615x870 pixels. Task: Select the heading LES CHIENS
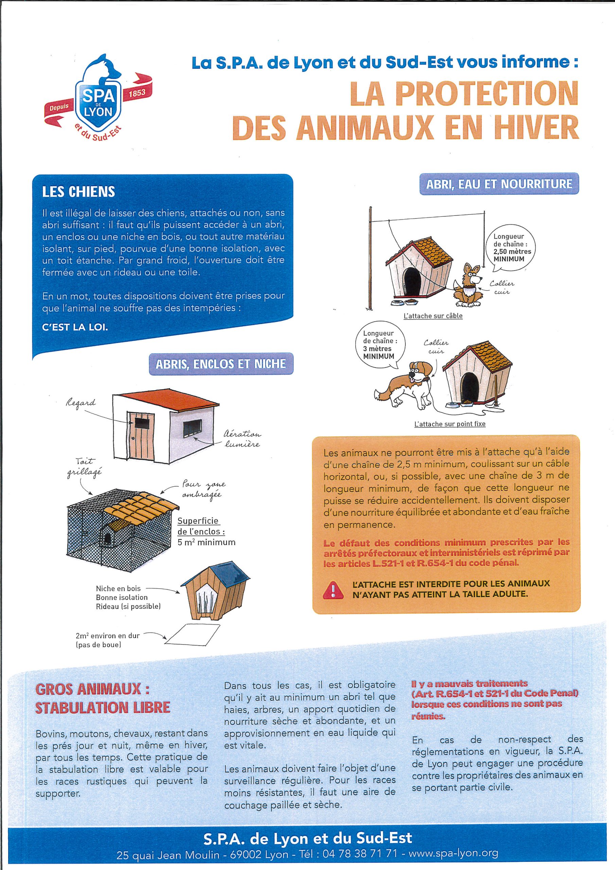point(78,192)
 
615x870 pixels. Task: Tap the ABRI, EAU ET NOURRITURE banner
point(499,184)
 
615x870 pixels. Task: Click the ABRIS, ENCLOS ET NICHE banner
point(221,364)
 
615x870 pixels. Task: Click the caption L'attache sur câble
point(433,316)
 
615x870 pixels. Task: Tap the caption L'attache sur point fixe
point(450,424)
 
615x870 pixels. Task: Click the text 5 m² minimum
point(206,542)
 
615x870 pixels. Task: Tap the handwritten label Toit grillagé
point(85,468)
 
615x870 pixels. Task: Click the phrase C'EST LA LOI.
point(75,327)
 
